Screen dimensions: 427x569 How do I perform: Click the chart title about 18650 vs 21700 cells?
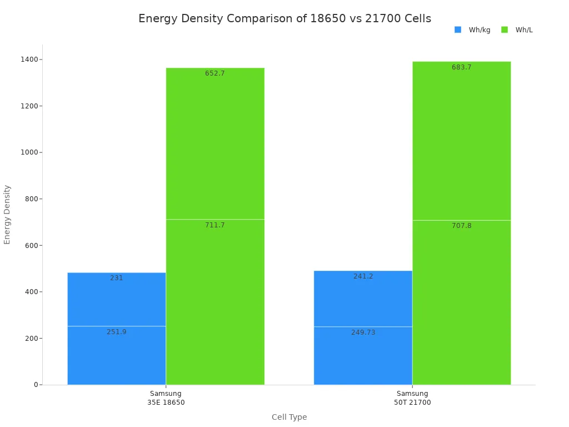pyautogui.click(x=284, y=19)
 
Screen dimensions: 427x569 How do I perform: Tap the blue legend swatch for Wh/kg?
pyautogui.click(x=458, y=30)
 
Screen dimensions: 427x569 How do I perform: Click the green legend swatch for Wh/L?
pyautogui.click(x=505, y=30)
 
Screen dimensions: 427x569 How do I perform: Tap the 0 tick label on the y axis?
pyautogui.click(x=36, y=385)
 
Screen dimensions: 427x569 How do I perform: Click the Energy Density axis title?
pyautogui.click(x=7, y=214)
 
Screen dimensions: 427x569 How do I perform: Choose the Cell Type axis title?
pyautogui.click(x=289, y=417)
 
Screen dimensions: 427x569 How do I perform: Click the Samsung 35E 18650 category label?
pyautogui.click(x=166, y=398)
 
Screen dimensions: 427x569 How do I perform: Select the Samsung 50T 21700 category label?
pyautogui.click(x=412, y=398)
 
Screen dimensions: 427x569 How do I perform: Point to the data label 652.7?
pyautogui.click(x=215, y=73)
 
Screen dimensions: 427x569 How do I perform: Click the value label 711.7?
pyautogui.click(x=215, y=225)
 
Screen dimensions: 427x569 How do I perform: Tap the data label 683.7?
pyautogui.click(x=461, y=67)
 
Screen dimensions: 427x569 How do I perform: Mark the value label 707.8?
pyautogui.click(x=461, y=226)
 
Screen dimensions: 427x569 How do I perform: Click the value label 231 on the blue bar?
pyautogui.click(x=117, y=278)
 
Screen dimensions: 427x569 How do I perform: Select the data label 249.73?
pyautogui.click(x=363, y=332)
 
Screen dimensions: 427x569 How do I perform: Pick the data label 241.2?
pyautogui.click(x=363, y=276)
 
